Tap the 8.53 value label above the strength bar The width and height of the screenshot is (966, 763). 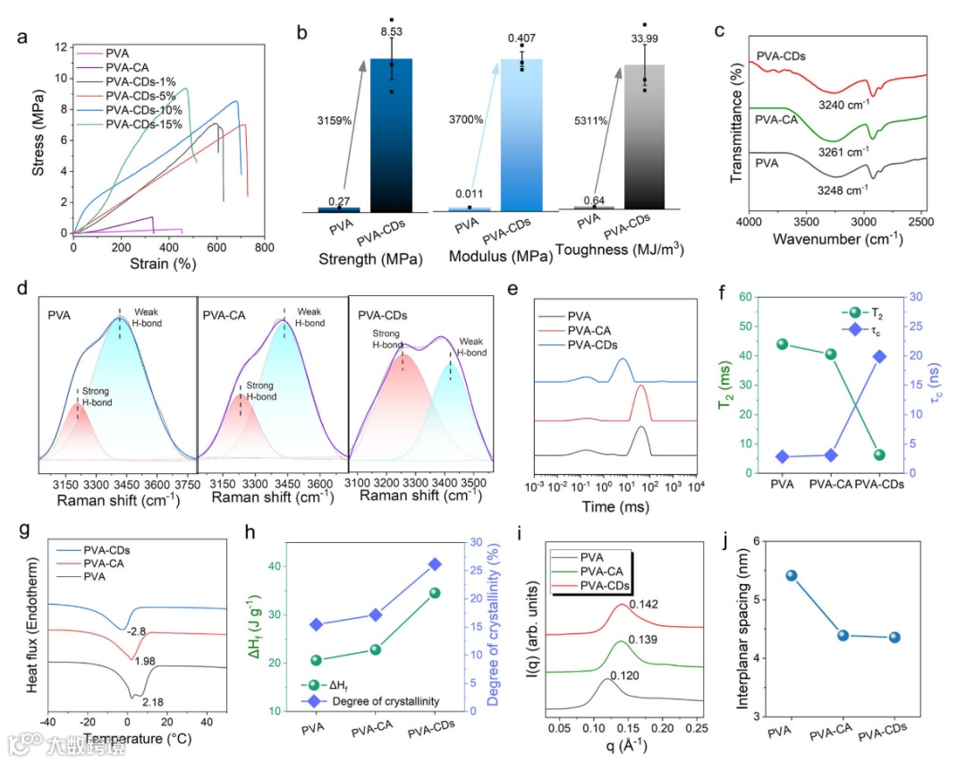(x=391, y=32)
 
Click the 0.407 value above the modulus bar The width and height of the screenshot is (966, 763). (x=522, y=38)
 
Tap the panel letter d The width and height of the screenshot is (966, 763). (x=21, y=288)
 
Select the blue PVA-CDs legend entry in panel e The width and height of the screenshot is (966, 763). (x=579, y=345)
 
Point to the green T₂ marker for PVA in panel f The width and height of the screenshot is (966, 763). (x=783, y=344)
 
